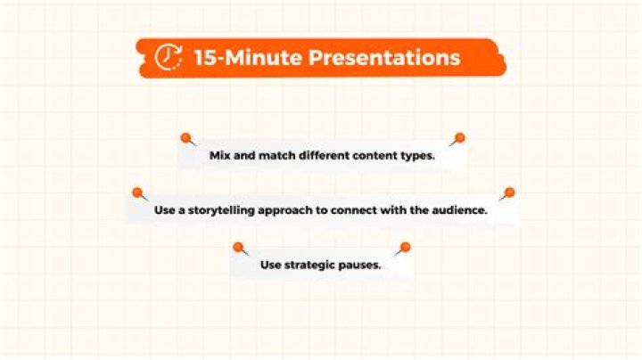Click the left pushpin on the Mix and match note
point(186,138)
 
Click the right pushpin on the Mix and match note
point(459,138)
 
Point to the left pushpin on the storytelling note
point(137,192)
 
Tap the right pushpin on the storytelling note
point(509,192)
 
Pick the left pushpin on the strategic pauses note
point(238,247)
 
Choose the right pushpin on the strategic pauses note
point(405,247)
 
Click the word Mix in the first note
point(219,156)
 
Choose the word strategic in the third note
point(310,266)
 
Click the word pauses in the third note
point(360,266)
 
